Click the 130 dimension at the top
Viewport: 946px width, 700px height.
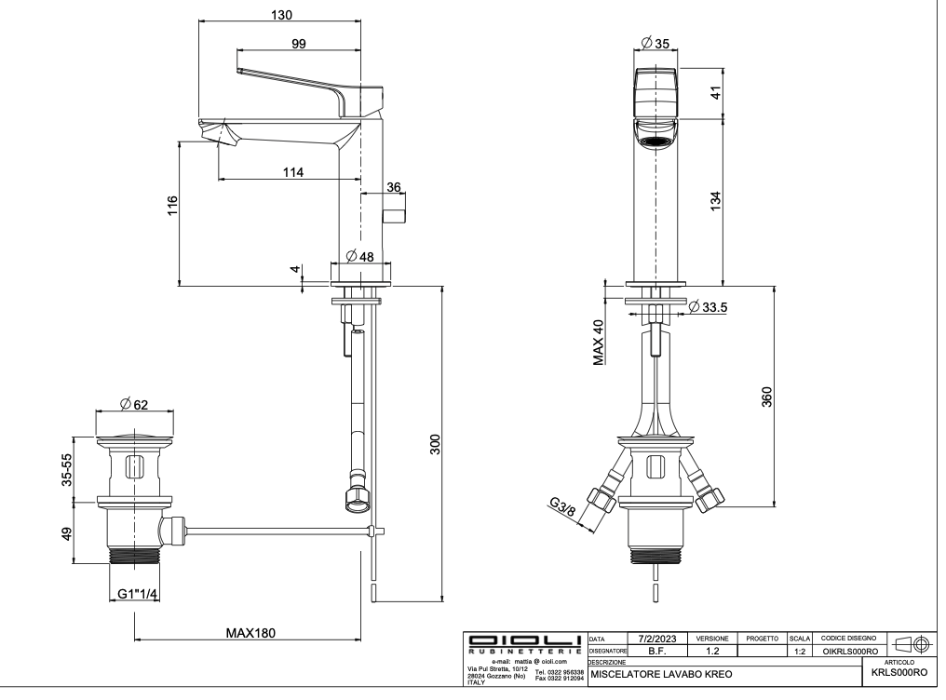pos(281,15)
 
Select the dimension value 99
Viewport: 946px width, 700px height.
pos(301,43)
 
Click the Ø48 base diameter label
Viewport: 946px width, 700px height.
pos(359,256)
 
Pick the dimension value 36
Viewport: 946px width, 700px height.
pos(394,187)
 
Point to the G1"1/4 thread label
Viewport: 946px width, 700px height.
pos(137,595)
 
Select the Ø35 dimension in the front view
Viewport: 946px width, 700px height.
pos(659,43)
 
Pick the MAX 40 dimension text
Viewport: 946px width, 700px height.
pos(599,342)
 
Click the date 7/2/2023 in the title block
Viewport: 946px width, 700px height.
pos(656,638)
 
